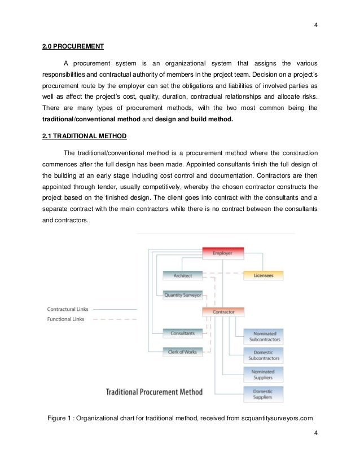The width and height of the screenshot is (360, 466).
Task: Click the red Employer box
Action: (222, 253)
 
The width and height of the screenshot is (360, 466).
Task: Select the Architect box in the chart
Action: (182, 275)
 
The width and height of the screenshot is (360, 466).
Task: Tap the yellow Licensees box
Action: (263, 275)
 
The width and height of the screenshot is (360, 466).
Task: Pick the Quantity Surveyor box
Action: (182, 294)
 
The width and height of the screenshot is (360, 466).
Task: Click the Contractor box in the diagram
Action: (222, 311)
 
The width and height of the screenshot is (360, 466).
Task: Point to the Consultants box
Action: (182, 333)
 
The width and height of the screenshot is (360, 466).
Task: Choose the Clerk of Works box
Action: (182, 352)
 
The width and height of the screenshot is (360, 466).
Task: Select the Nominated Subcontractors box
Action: (262, 337)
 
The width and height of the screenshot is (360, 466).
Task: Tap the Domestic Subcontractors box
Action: (262, 355)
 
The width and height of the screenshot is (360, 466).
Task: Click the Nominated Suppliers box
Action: (262, 375)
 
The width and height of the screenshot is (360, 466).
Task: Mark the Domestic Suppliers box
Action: (262, 393)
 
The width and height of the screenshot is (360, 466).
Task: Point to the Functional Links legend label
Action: (67, 319)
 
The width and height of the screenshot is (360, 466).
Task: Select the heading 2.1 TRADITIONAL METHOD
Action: (84, 137)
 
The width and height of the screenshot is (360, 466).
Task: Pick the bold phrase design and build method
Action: (185, 119)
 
